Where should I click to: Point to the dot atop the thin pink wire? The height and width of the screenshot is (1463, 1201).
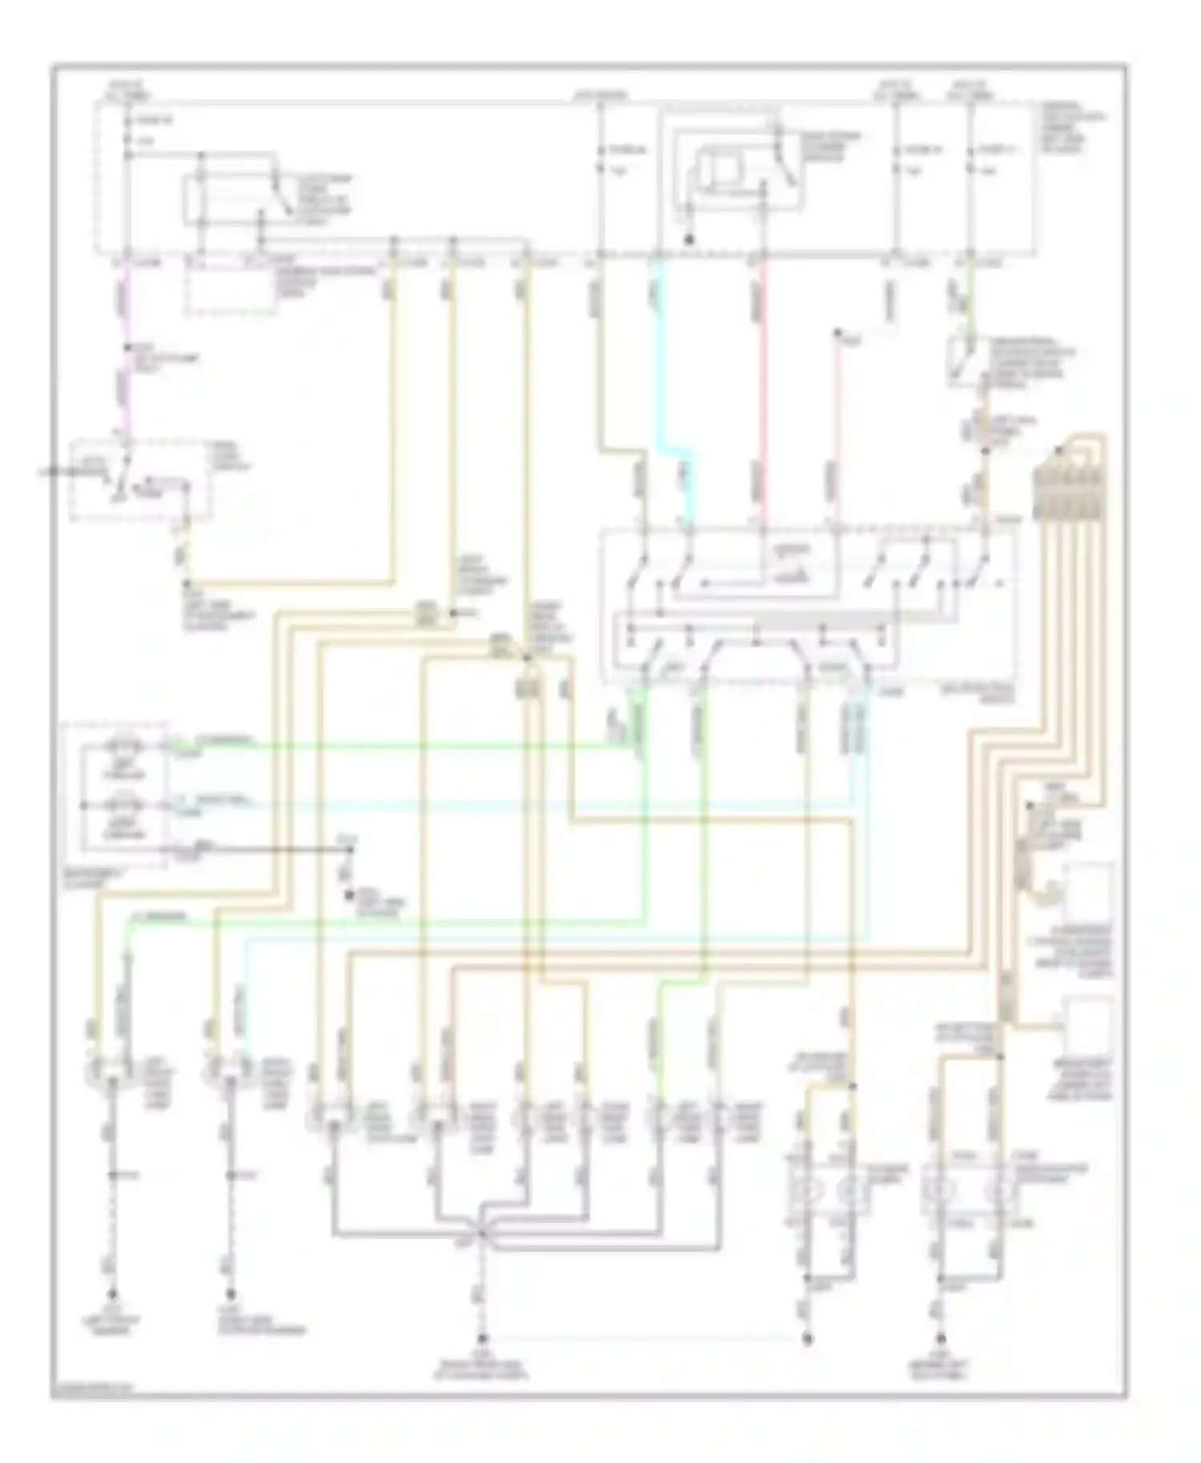point(837,331)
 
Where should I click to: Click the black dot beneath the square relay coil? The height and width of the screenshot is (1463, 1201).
point(688,238)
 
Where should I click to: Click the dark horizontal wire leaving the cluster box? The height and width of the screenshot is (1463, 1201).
point(256,847)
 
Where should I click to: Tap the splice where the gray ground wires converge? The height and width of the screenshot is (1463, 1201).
point(482,1237)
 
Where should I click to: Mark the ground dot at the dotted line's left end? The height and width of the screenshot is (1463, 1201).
point(482,1337)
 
